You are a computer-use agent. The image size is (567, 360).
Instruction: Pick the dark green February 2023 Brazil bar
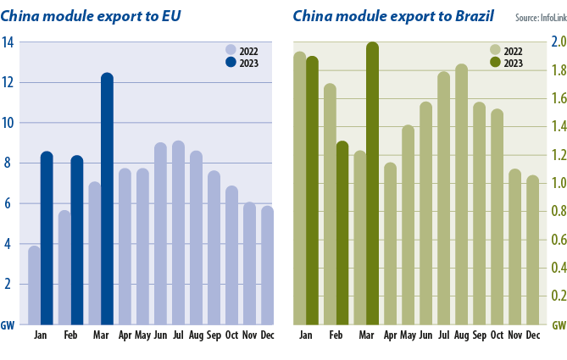(342, 233)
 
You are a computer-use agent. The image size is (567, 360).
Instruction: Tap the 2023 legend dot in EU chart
(231, 62)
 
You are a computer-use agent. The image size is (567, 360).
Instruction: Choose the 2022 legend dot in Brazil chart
(496, 50)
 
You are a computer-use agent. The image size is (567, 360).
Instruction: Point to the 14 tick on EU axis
(8, 42)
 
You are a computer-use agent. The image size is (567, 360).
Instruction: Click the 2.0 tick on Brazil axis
(559, 42)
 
